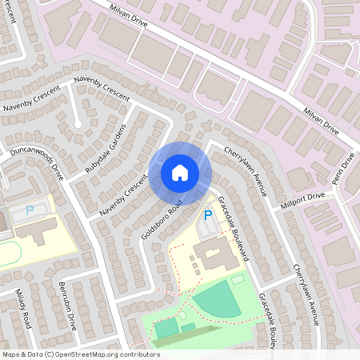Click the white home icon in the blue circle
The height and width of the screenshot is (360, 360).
point(180,172)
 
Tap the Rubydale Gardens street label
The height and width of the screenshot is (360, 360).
point(106,150)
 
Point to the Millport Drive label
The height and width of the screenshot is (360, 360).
point(302,200)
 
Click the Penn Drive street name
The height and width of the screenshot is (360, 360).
point(343,169)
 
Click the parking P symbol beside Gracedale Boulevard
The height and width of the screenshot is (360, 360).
point(208,214)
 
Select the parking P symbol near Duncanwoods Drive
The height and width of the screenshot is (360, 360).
point(30,210)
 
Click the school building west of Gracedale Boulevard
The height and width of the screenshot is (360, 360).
point(214,258)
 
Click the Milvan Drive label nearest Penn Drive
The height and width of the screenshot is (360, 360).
point(319,119)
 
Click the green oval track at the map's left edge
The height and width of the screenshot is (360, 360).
point(8,255)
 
